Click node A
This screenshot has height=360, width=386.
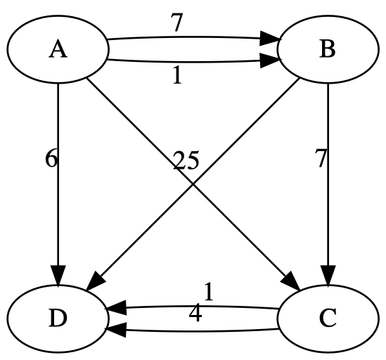click(x=58, y=51)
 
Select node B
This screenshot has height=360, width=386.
click(x=328, y=51)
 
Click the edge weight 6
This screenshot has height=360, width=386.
click(x=51, y=159)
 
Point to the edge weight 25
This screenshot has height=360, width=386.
click(x=185, y=161)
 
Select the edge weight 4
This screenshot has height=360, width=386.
click(x=195, y=314)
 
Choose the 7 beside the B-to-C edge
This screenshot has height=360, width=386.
click(x=321, y=159)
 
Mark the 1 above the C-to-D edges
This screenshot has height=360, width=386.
click(x=208, y=290)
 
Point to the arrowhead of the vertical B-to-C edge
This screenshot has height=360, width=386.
click(x=328, y=275)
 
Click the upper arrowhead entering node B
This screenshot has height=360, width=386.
click(x=270, y=39)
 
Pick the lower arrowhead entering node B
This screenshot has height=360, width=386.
click(x=270, y=63)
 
